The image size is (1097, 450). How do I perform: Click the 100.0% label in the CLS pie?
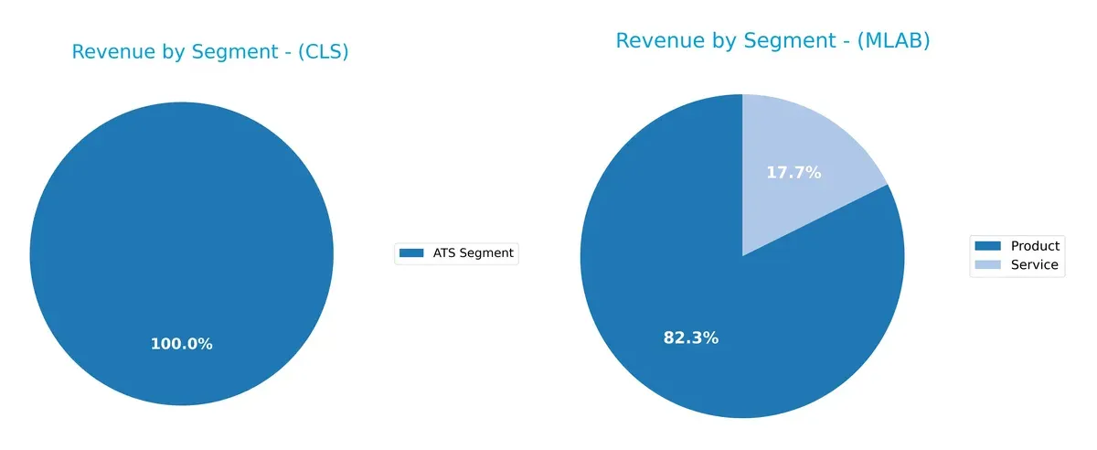coord(181,345)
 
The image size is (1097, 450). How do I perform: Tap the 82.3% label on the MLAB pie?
coord(690,338)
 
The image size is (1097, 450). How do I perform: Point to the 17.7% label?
coord(793,172)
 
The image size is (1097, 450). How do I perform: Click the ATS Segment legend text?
coord(473,253)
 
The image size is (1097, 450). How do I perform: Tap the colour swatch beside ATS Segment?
coord(412,253)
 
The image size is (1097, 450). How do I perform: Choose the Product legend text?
coord(1035,246)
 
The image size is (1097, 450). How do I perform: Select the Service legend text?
coord(1034,265)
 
